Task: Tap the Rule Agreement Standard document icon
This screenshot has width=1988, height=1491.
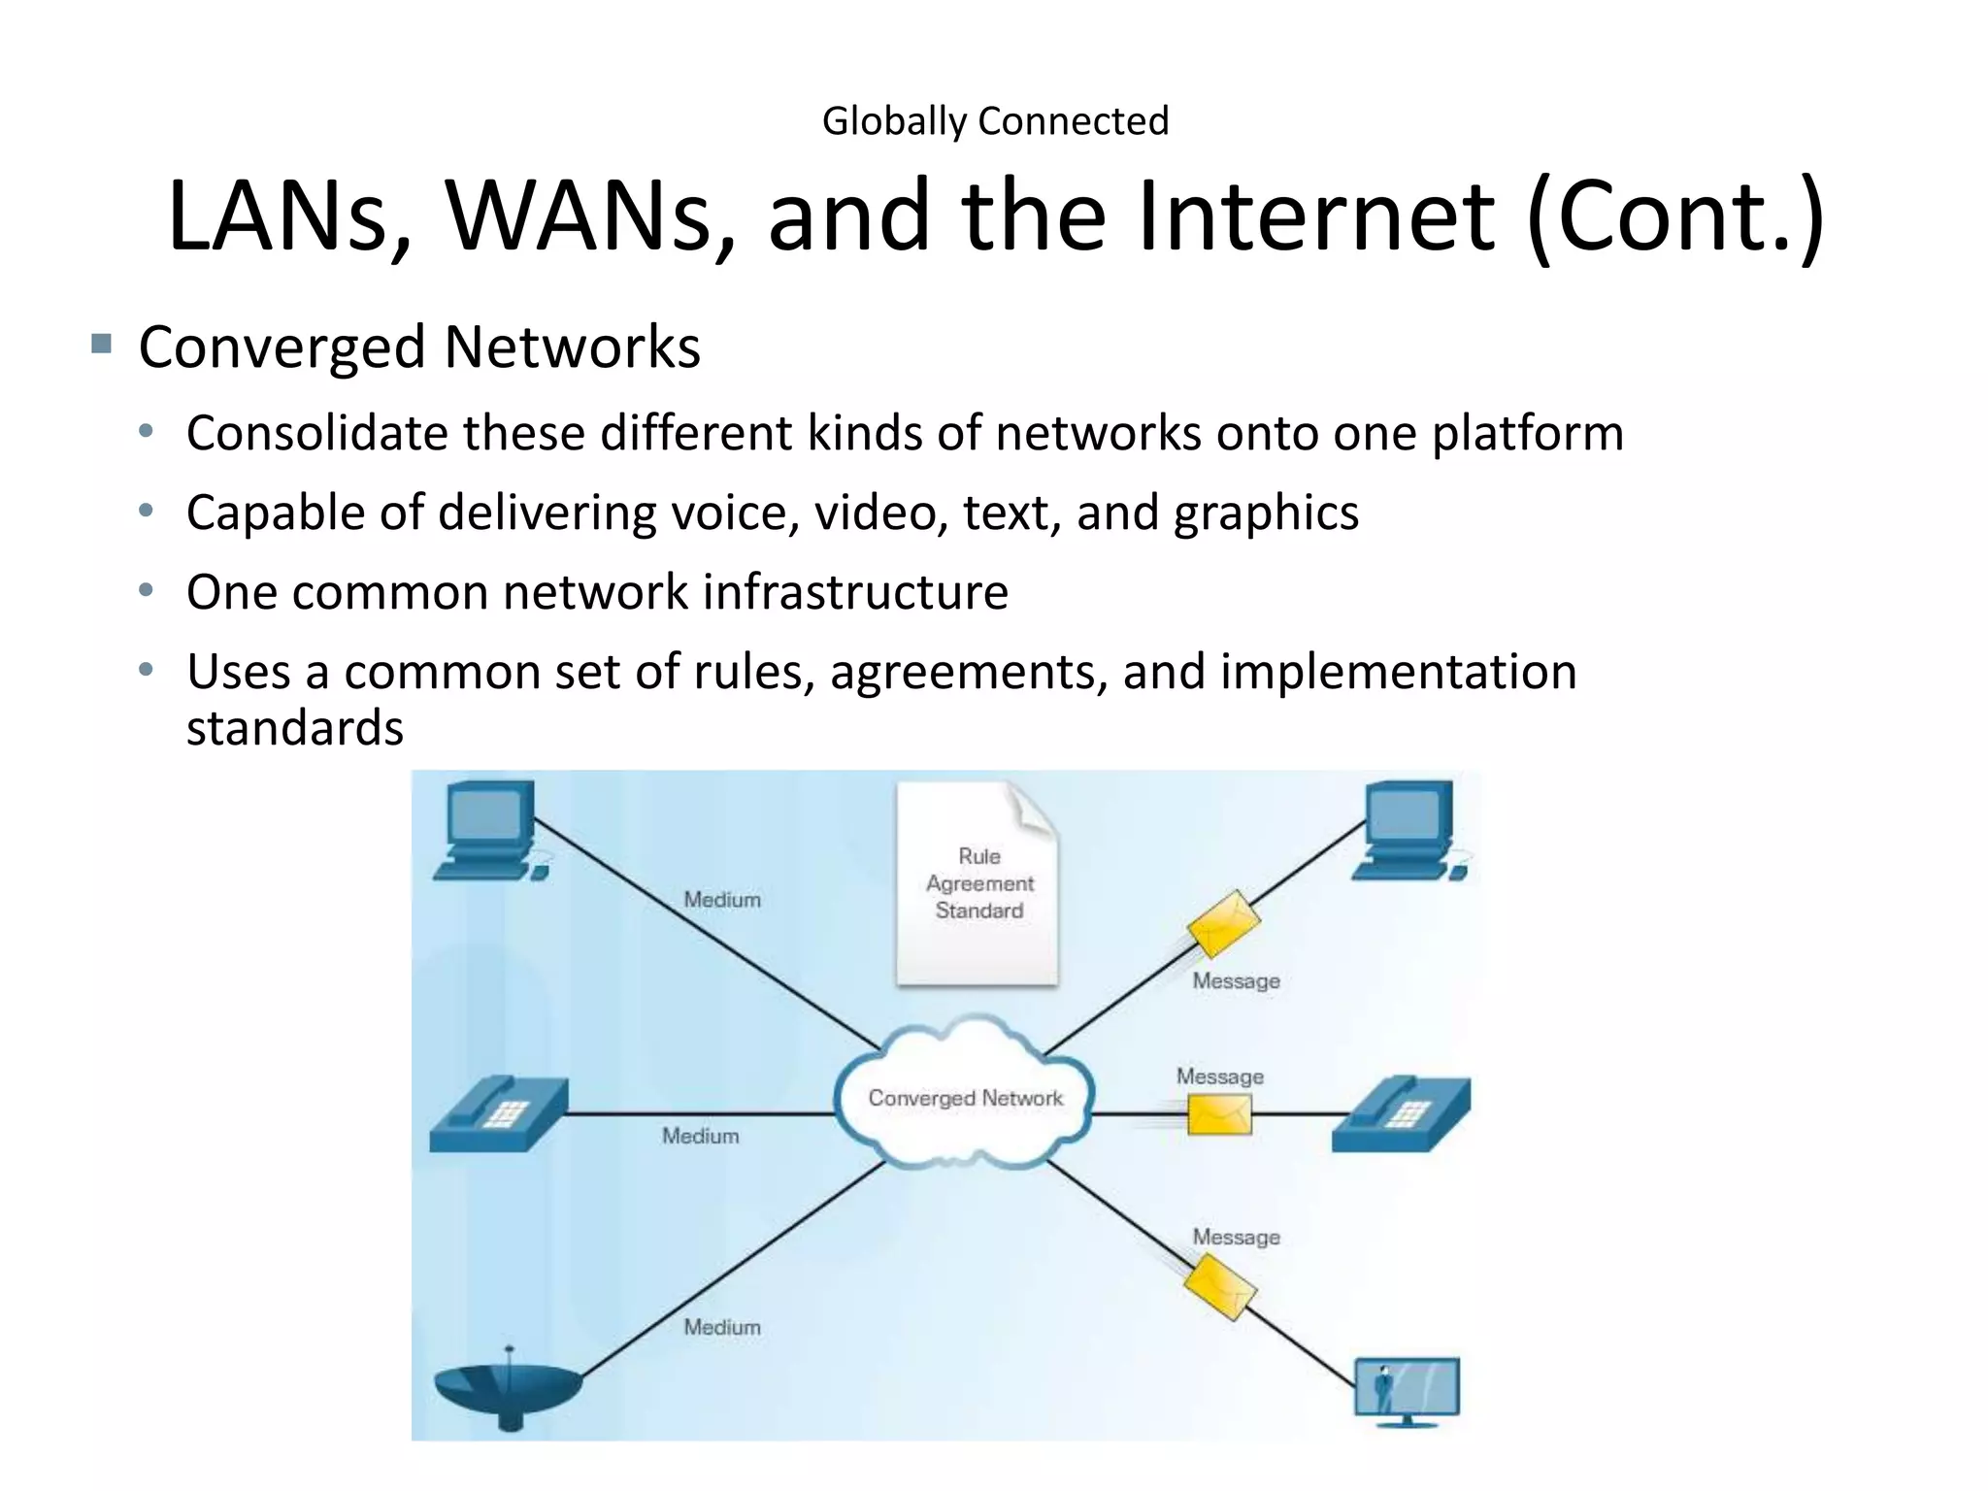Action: click(x=977, y=883)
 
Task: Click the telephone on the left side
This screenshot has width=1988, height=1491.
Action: click(x=498, y=1113)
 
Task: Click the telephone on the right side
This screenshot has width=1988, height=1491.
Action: click(x=1402, y=1113)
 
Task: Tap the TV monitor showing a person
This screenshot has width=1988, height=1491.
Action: click(x=1407, y=1390)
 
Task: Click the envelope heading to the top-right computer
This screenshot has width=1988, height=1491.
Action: click(x=1223, y=922)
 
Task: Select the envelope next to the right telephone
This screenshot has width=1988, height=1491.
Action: click(x=1219, y=1113)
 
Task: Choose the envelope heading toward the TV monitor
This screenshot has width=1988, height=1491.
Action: click(x=1220, y=1287)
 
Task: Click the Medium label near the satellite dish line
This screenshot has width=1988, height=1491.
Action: click(x=722, y=1327)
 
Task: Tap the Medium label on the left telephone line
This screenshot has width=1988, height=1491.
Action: click(x=701, y=1136)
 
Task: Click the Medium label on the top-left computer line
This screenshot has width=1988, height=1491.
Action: click(x=722, y=900)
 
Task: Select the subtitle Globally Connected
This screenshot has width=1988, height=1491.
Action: click(x=995, y=121)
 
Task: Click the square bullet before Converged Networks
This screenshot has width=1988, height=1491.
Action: click(x=101, y=344)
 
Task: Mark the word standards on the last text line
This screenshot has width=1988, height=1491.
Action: click(x=295, y=728)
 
